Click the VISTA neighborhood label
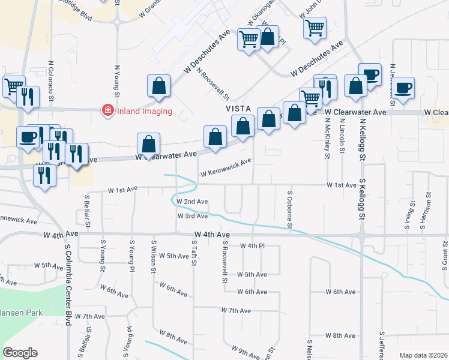(x=237, y=109)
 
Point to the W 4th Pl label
(x=252, y=246)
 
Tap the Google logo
(x=20, y=353)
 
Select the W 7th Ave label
(x=236, y=310)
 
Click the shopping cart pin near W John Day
(x=315, y=28)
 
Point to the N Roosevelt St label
(x=214, y=86)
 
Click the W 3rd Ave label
(x=192, y=216)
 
